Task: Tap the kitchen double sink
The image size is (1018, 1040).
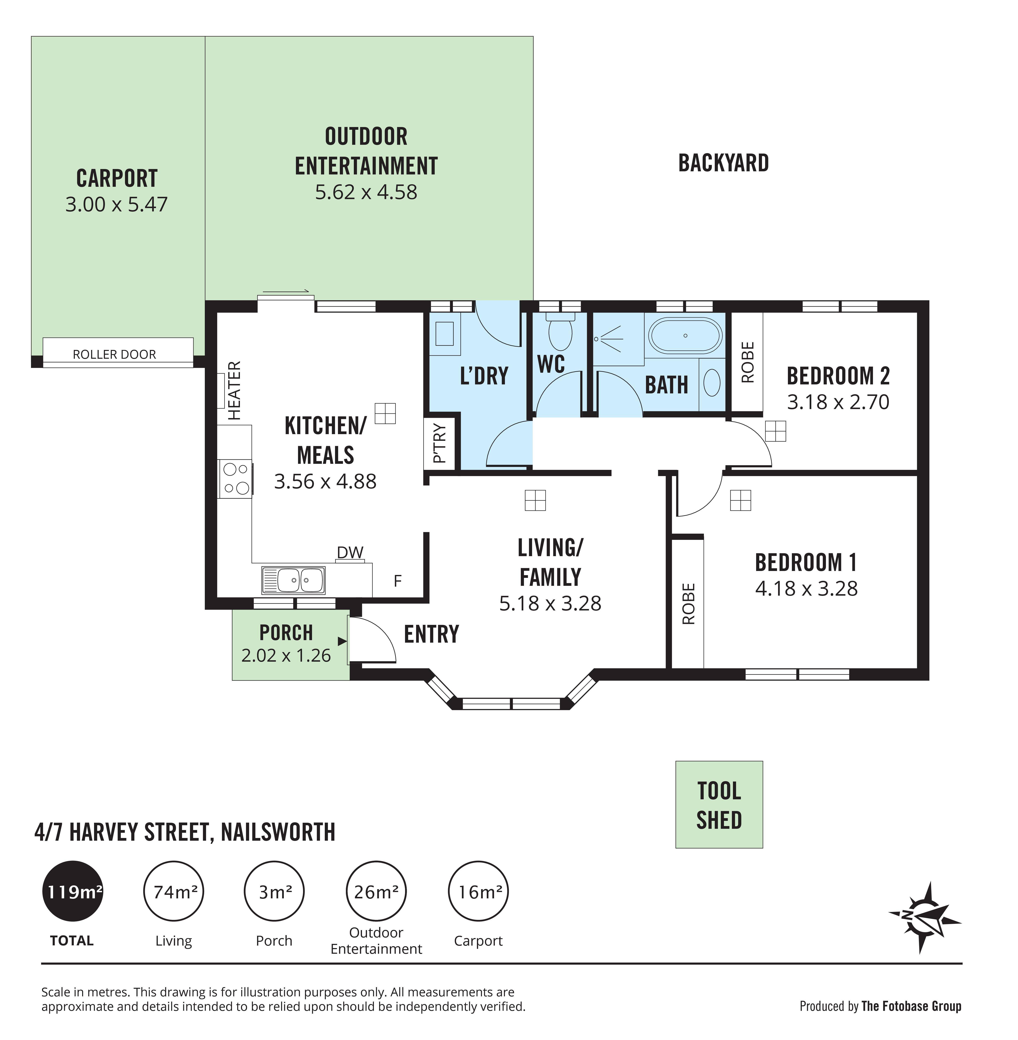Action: click(293, 580)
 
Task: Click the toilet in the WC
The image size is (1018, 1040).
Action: click(560, 331)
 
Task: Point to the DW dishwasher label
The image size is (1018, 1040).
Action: click(350, 552)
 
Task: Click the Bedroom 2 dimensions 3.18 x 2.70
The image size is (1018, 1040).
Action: click(838, 402)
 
